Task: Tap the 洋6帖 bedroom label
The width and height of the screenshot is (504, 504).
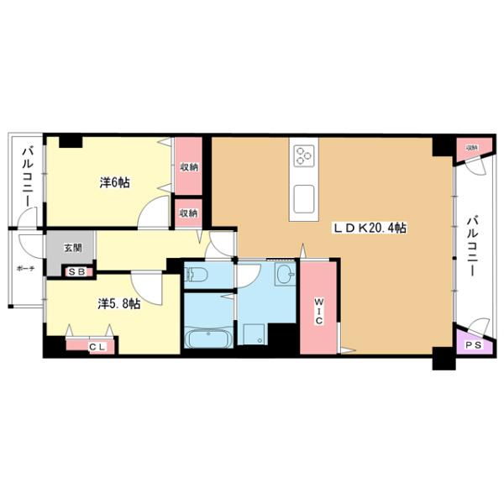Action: pos(113,181)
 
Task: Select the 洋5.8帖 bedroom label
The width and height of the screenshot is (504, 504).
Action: pos(118,304)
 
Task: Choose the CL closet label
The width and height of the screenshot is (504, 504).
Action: pos(97,344)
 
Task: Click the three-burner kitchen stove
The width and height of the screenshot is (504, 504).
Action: pos(302,156)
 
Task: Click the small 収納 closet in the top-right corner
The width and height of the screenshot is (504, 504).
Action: pos(472,149)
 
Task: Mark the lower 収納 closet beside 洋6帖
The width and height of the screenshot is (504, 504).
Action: pos(188,213)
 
